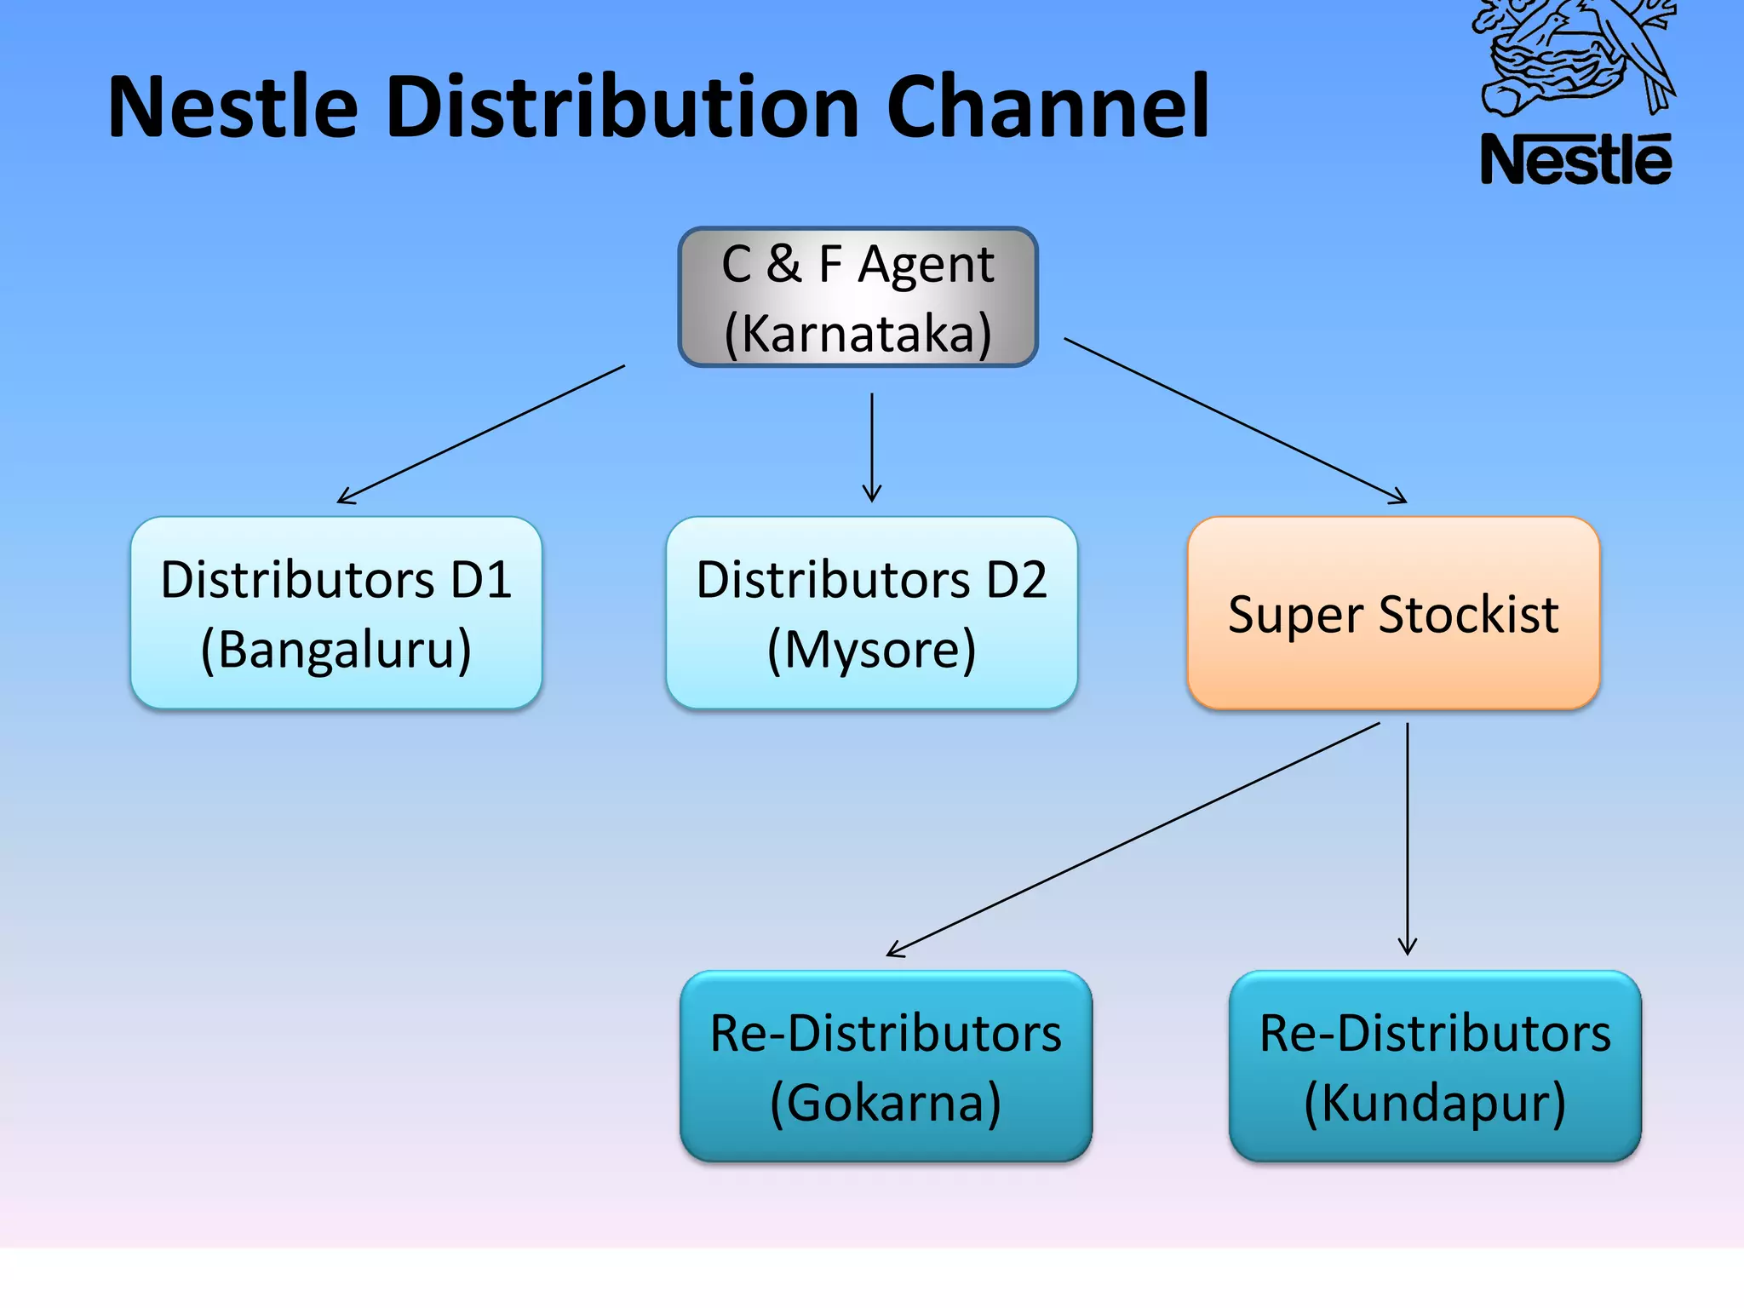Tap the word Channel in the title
tap(1047, 107)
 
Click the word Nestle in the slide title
tap(232, 107)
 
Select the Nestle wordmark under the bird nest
tap(1575, 160)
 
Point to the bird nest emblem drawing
tap(1575, 55)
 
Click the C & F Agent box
tap(858, 297)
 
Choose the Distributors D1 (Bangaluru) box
tap(336, 613)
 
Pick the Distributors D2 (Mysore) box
tap(871, 613)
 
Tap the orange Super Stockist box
tap(1393, 613)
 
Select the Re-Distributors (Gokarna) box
tap(886, 1066)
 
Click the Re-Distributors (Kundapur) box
tap(1435, 1066)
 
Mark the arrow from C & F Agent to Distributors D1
tap(481, 434)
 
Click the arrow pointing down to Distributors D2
tap(871, 447)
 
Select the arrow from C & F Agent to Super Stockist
tap(1235, 421)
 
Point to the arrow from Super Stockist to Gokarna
tap(1133, 840)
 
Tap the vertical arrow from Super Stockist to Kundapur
tap(1408, 839)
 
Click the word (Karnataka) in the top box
tap(858, 333)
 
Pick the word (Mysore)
tap(871, 650)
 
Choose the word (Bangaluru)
tap(336, 650)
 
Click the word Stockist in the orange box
tap(1468, 615)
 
